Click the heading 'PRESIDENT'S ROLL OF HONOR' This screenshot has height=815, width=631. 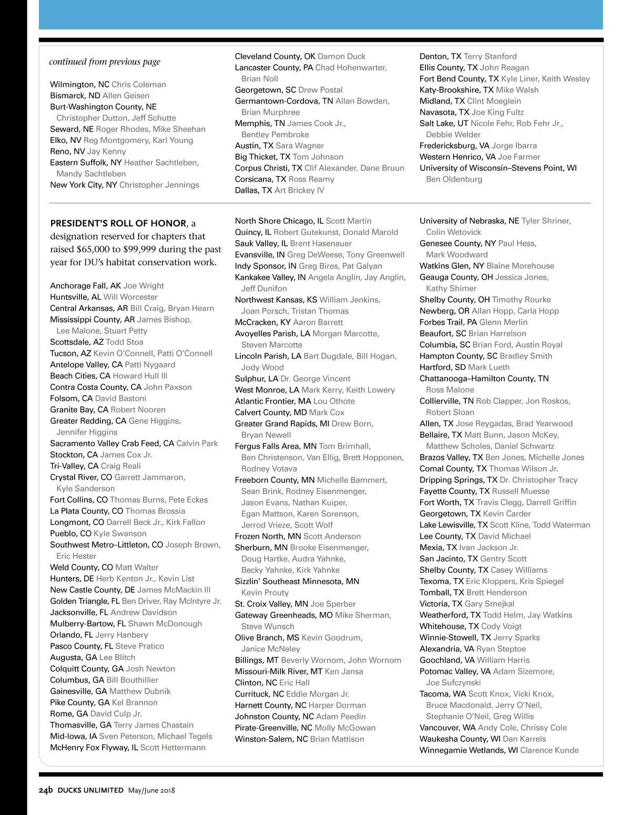[x=118, y=223]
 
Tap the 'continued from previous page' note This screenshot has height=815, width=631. [x=105, y=61]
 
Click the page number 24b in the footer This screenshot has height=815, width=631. [x=46, y=790]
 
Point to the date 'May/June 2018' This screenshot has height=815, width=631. [x=151, y=790]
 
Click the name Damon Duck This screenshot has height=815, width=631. [x=341, y=56]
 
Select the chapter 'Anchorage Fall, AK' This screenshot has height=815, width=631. [x=85, y=286]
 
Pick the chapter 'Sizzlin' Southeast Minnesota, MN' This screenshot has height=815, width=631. [x=297, y=581]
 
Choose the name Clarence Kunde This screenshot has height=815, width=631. [x=549, y=750]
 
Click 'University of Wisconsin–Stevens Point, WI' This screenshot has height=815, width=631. [x=498, y=168]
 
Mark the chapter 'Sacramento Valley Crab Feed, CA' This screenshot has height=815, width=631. [x=112, y=443]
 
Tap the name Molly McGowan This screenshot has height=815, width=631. [x=345, y=728]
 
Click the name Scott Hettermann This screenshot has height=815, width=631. [x=173, y=748]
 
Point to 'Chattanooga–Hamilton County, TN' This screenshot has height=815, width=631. [x=484, y=379]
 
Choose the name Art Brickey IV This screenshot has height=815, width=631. [x=299, y=190]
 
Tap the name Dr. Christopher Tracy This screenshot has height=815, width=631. [x=538, y=480]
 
